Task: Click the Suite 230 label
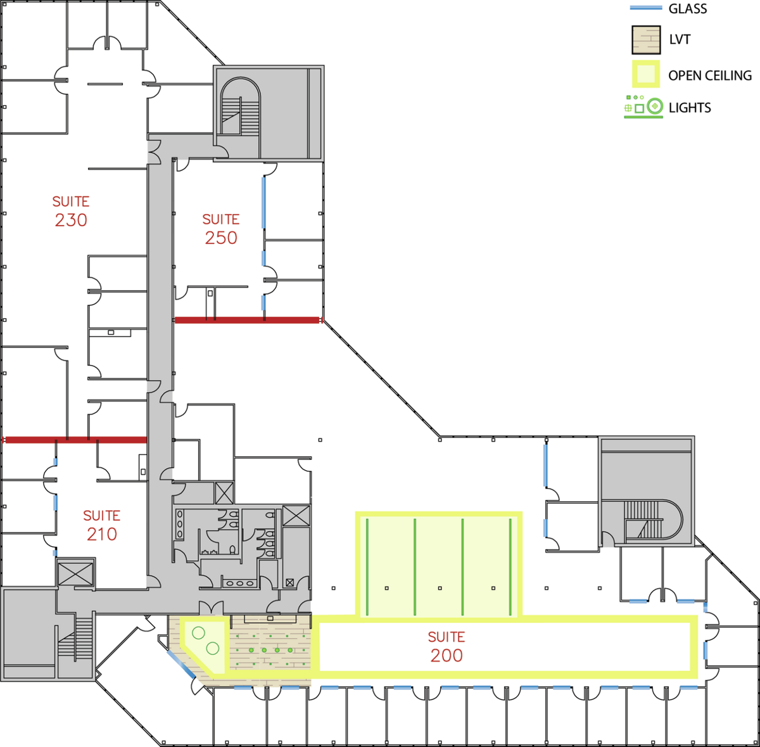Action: click(x=71, y=212)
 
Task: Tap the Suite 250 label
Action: click(x=221, y=229)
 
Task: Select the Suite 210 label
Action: click(x=101, y=526)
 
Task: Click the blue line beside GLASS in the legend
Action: click(x=645, y=8)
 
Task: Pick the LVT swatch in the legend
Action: click(x=646, y=40)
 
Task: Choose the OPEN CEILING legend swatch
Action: click(x=646, y=73)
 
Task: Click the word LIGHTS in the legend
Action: click(x=690, y=107)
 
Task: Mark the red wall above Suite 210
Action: click(x=75, y=440)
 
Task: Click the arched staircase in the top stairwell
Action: click(x=240, y=106)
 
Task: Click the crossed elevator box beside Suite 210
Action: click(x=75, y=574)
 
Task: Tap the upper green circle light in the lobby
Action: click(x=198, y=634)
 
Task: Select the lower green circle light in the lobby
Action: click(x=213, y=648)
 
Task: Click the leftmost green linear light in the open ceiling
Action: click(x=367, y=567)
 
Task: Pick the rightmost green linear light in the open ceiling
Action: click(x=510, y=567)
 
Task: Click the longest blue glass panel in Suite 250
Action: click(x=263, y=203)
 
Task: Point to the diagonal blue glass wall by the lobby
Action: click(x=181, y=665)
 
